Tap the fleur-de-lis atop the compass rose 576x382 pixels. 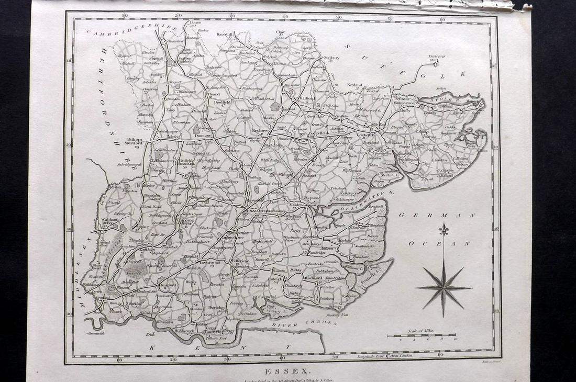tap(444, 230)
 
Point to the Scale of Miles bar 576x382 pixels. tap(421, 335)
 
